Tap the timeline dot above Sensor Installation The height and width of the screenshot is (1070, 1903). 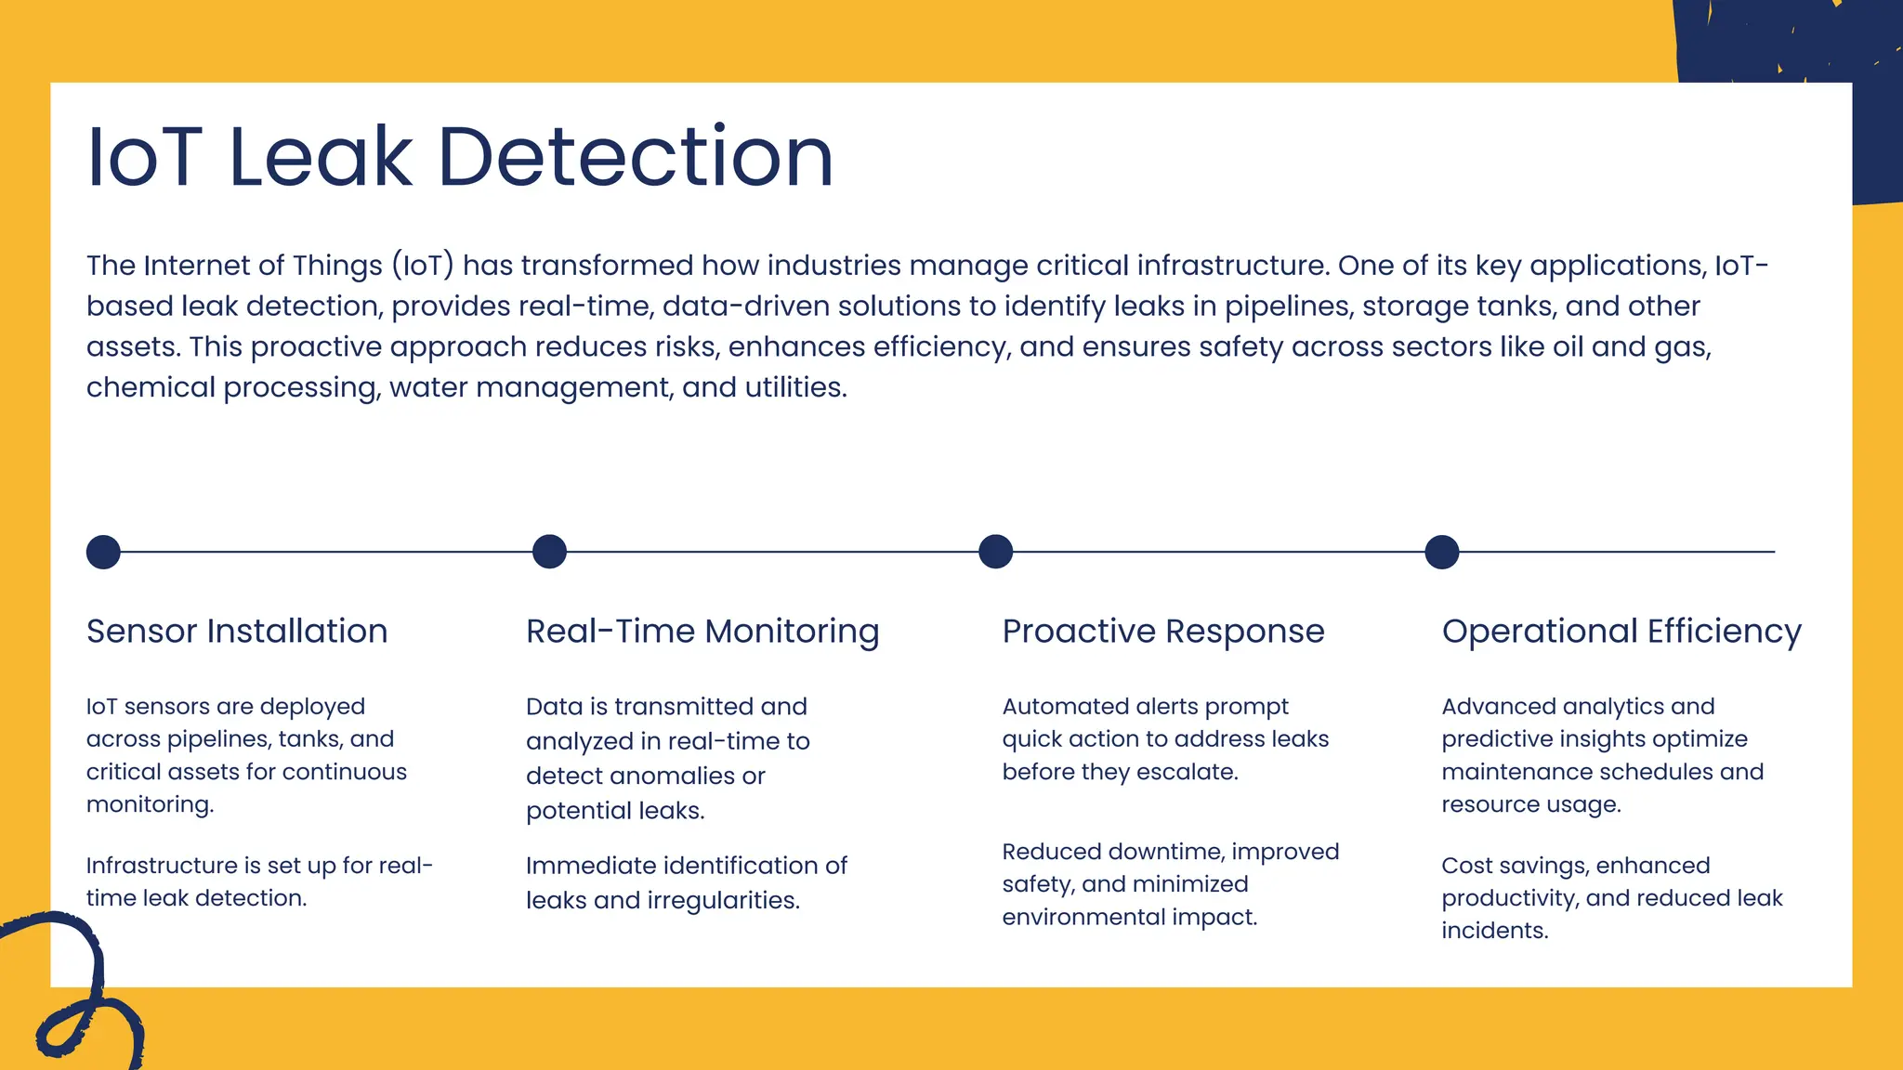103,552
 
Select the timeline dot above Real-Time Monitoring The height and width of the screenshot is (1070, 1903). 549,552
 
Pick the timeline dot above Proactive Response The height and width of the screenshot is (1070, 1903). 995,552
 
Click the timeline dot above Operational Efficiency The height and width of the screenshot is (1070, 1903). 1441,552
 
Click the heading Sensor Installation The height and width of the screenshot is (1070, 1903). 237,632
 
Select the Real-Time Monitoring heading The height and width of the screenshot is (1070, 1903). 702,632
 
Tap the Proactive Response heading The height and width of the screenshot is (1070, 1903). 1163,632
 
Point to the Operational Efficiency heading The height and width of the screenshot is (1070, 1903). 1621,632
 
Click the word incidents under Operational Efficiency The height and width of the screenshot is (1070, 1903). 1494,931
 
